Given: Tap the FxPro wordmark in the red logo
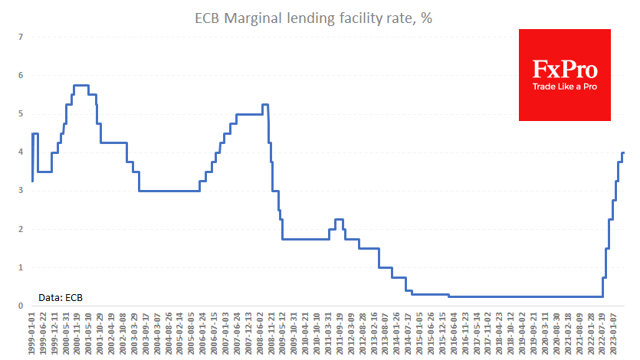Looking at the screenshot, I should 565,70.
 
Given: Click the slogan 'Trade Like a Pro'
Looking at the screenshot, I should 565,87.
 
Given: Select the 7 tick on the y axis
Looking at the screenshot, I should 21,37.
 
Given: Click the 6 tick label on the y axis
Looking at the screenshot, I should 21,75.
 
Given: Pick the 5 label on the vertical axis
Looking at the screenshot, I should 21,114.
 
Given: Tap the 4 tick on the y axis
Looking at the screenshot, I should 21,152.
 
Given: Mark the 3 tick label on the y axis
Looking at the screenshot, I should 21,191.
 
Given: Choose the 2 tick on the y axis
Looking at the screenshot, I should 21,229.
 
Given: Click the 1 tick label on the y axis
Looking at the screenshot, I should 21,267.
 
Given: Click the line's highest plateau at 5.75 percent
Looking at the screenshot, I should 81,85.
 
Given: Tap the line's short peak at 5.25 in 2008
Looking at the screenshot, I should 264,104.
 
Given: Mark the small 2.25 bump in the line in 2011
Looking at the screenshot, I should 339,219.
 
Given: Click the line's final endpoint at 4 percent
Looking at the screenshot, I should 623,152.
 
